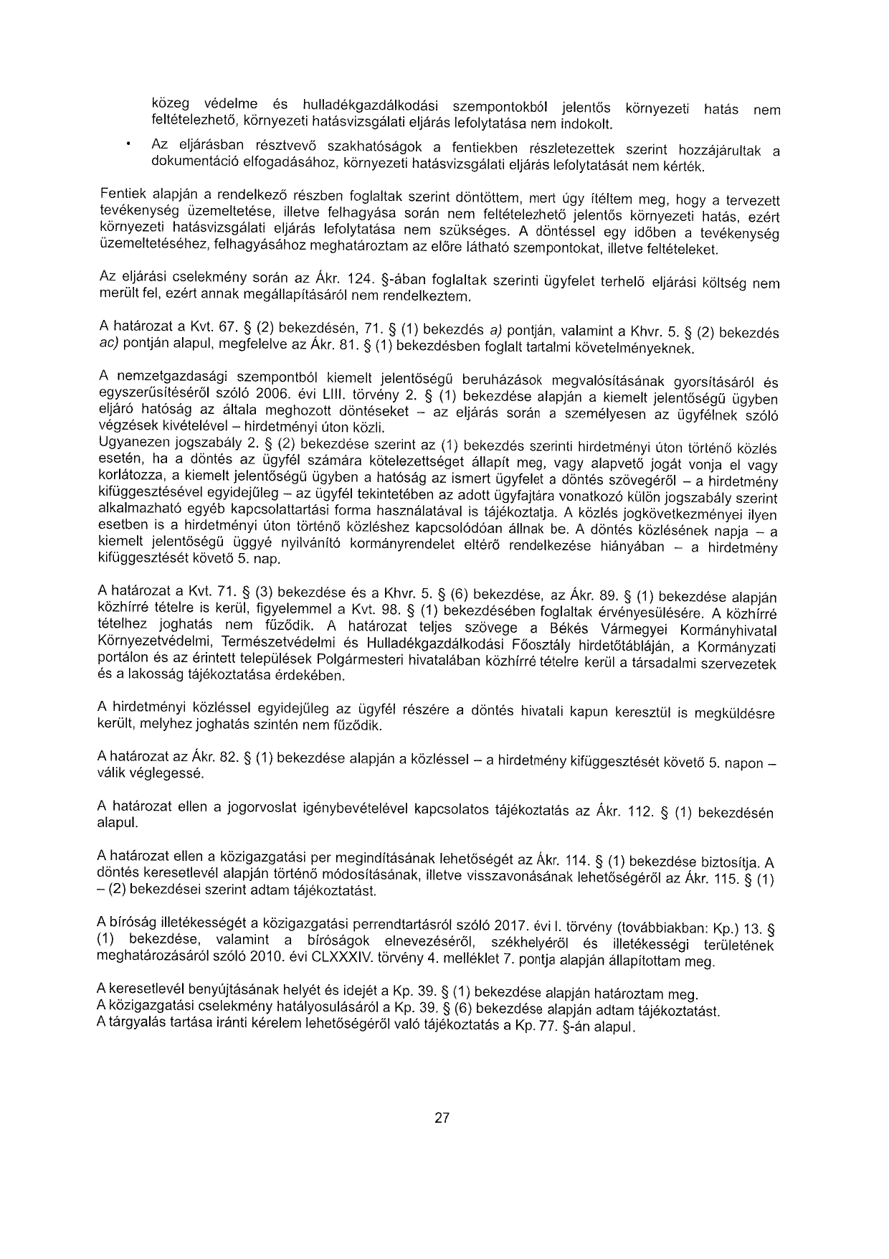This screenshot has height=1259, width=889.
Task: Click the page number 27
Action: click(442, 1118)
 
